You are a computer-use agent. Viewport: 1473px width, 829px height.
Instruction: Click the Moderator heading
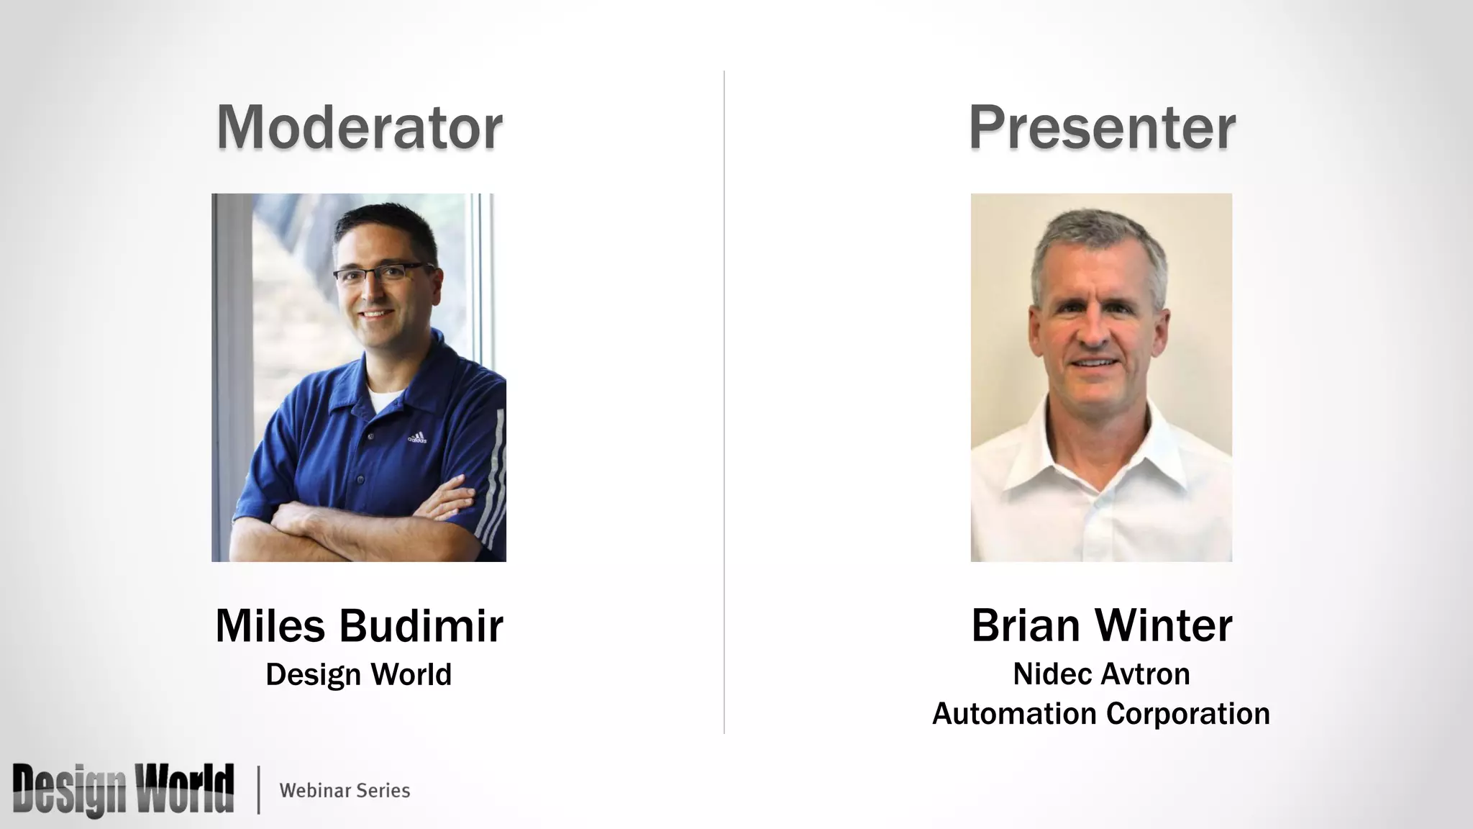click(359, 127)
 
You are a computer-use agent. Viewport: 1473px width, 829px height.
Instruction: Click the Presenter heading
click(1101, 127)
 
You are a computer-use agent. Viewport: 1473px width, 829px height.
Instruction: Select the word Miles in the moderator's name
click(270, 625)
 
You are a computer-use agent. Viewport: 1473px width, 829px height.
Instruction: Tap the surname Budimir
click(421, 625)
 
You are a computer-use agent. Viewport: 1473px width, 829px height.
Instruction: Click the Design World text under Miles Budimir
click(358, 674)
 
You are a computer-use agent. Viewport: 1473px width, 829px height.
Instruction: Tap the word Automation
click(1014, 714)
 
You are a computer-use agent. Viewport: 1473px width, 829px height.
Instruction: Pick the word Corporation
click(1188, 714)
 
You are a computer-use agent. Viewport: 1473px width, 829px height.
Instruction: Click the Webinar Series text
click(345, 790)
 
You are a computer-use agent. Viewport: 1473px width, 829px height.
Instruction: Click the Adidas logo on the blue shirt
click(417, 438)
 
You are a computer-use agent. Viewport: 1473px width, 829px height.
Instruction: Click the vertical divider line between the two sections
click(724, 403)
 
